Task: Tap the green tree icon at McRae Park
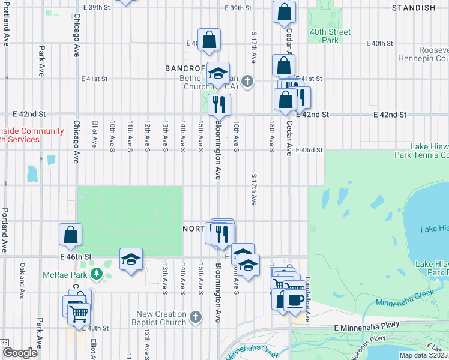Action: pyautogui.click(x=97, y=275)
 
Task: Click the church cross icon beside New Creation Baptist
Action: pyautogui.click(x=195, y=316)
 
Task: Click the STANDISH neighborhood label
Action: pyautogui.click(x=413, y=8)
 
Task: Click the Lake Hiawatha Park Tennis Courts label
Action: pyautogui.click(x=427, y=151)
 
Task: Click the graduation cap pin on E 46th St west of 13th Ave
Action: pyautogui.click(x=131, y=259)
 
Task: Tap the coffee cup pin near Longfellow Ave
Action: pyautogui.click(x=294, y=298)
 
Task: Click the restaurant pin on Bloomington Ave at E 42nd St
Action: pyautogui.click(x=220, y=104)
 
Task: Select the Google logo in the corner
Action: pyautogui.click(x=20, y=352)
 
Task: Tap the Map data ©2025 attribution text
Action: pyautogui.click(x=423, y=355)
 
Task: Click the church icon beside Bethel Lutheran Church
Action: pyautogui.click(x=248, y=82)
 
